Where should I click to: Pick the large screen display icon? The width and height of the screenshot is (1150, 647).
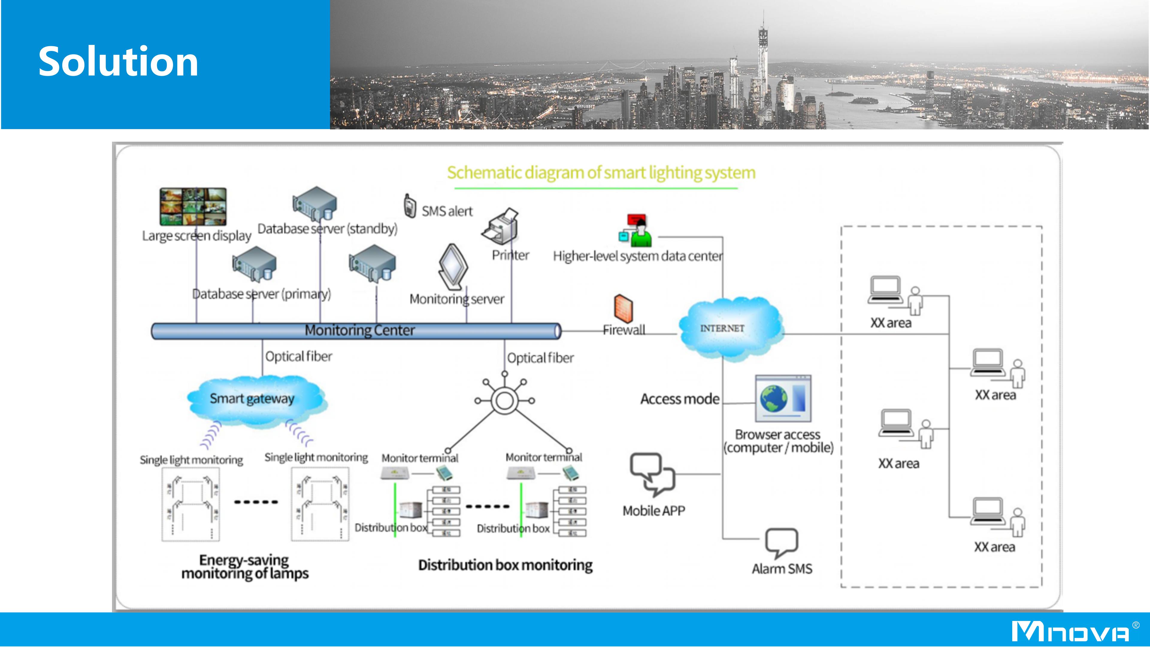pos(193,206)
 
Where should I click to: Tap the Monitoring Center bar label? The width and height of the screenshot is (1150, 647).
pos(359,330)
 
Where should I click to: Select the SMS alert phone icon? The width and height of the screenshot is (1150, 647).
pos(409,206)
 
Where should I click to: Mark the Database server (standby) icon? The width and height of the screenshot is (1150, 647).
pos(315,204)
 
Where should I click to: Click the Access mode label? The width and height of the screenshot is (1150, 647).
pos(680,399)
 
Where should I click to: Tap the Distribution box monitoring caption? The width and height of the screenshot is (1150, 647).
pos(505,565)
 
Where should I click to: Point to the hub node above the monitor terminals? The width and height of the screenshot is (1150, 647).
pos(504,400)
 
